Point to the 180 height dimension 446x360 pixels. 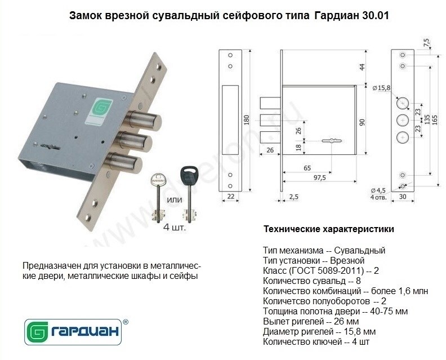coord(247,119)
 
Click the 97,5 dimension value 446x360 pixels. coord(320,178)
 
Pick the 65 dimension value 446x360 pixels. coord(307,168)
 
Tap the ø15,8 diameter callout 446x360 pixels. coord(382,88)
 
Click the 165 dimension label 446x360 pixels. coord(435,119)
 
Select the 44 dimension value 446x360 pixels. coord(362,68)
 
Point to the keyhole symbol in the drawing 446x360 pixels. coord(332,141)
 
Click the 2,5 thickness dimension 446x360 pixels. coord(294,197)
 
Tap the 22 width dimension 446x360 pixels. coord(231,196)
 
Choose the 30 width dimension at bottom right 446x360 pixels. coord(403,197)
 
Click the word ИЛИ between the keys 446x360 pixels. coord(174,200)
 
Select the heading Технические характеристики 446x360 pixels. coord(329,229)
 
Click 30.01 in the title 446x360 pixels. coord(376,15)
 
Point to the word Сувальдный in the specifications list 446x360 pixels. coord(359,251)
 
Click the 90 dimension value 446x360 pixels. coord(362,122)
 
